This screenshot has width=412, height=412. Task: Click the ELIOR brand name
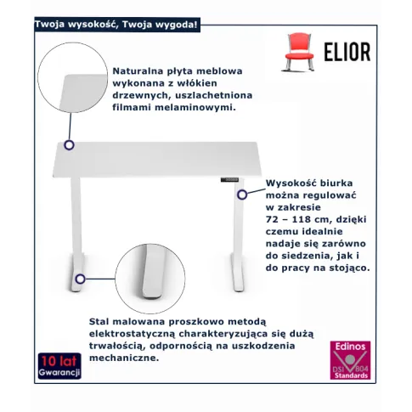pyautogui.click(x=347, y=52)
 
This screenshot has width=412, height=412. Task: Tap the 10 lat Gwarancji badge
pyautogui.click(x=59, y=366)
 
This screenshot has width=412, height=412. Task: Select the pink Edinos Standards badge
pyautogui.click(x=350, y=360)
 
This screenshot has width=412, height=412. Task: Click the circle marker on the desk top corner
pyautogui.click(x=69, y=145)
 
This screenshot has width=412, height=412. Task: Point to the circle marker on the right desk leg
pyautogui.click(x=242, y=195)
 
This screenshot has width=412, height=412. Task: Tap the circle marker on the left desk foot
pyautogui.click(x=80, y=279)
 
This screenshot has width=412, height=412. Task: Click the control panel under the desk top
pyautogui.click(x=229, y=180)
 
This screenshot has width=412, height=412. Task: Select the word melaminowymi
pyautogui.click(x=195, y=108)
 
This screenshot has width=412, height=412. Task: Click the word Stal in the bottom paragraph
pyautogui.click(x=99, y=322)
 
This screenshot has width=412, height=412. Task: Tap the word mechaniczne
pyautogui.click(x=124, y=358)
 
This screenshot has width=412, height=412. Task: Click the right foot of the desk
pyautogui.click(x=238, y=272)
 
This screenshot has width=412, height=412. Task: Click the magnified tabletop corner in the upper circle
pyautogui.click(x=83, y=93)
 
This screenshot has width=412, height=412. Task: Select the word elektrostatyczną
pyautogui.click(x=131, y=335)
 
